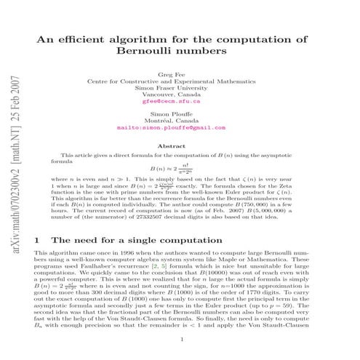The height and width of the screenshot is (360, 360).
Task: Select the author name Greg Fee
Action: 180,75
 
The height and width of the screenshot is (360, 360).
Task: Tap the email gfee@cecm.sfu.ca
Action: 180,103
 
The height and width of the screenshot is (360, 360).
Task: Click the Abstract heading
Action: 180,146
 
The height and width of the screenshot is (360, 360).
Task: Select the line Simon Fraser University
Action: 180,89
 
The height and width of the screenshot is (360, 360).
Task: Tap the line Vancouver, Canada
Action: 180,96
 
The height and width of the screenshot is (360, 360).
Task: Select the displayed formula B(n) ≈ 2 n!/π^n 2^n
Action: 180,169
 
